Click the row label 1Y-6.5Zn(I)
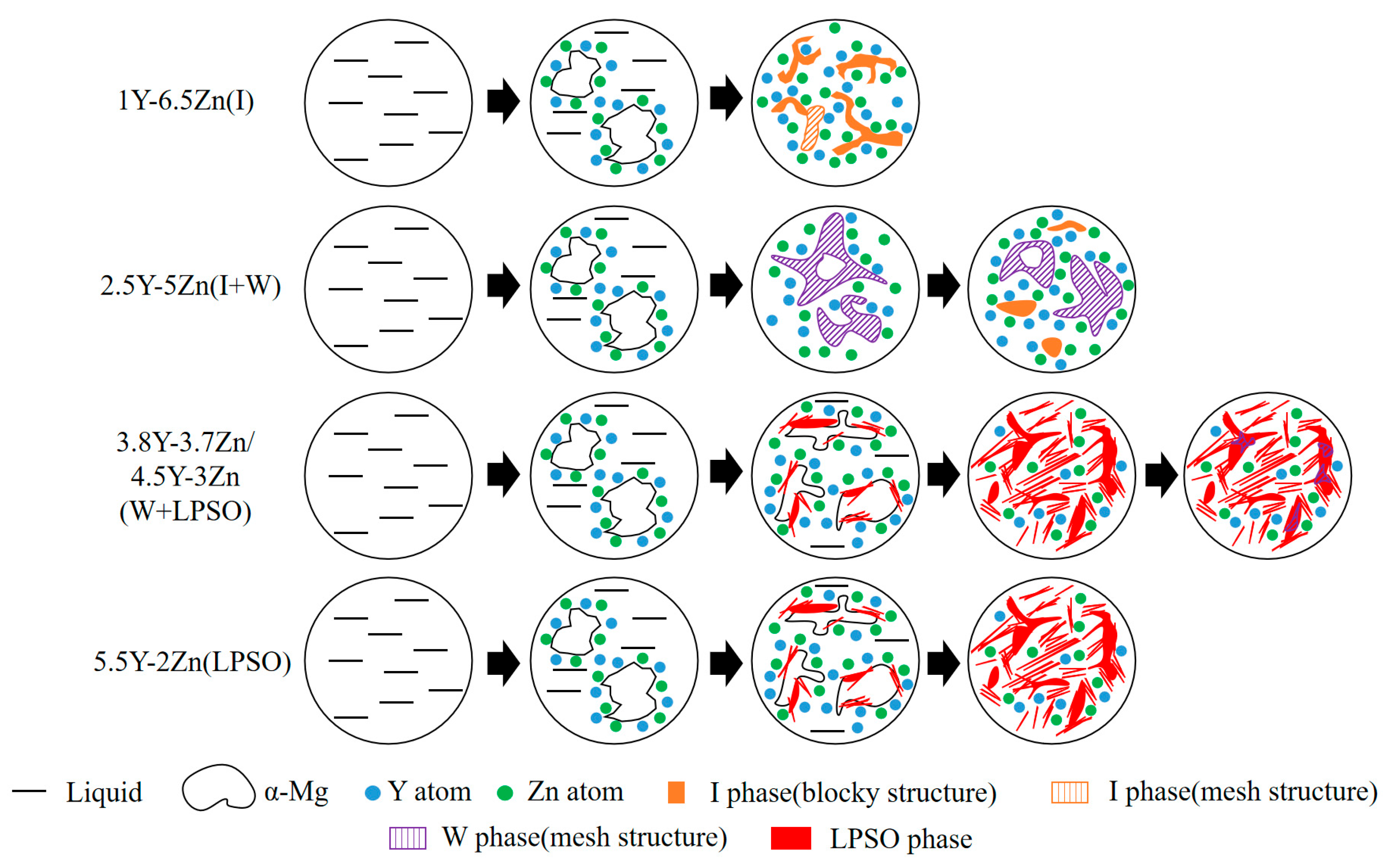pos(185,101)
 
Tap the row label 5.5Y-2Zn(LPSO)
pos(192,662)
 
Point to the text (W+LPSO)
pos(185,511)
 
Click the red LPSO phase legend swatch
pos(790,838)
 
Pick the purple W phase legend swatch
pos(407,838)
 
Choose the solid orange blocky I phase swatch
pos(676,792)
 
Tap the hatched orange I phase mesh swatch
pos(1069,792)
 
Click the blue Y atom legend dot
pos(372,793)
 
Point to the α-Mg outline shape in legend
pos(218,788)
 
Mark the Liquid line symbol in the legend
pos(29,791)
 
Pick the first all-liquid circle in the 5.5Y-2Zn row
pos(388,660)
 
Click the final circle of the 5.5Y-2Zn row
pos(1051,660)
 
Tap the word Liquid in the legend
pos(104,792)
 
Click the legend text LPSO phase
pos(900,839)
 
